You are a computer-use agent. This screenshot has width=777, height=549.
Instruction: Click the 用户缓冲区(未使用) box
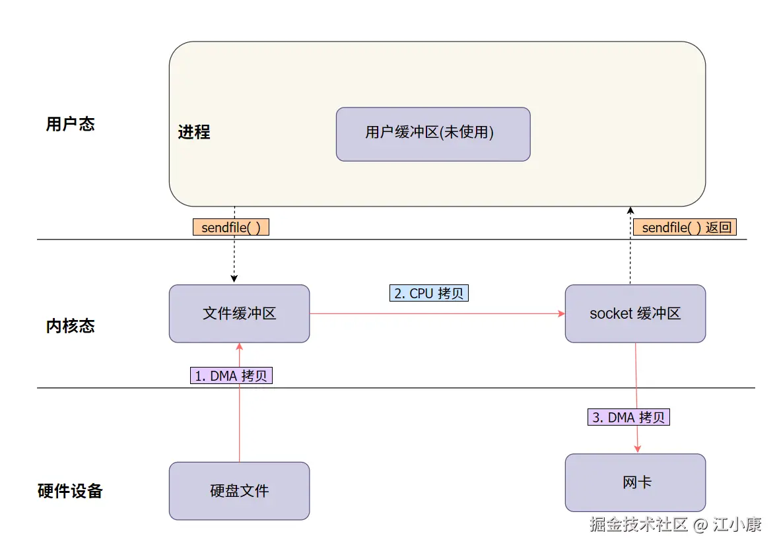(433, 134)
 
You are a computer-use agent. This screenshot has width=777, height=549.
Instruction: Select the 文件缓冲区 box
(240, 313)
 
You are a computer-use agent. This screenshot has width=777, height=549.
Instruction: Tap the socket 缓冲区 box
(635, 313)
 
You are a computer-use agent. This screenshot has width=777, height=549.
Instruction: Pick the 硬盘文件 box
(240, 491)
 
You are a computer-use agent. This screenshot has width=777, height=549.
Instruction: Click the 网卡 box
(635, 482)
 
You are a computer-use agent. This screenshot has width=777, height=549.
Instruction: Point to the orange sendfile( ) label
(231, 227)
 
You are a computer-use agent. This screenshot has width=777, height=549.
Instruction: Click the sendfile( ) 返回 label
(685, 227)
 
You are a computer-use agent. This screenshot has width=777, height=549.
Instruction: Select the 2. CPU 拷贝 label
(428, 293)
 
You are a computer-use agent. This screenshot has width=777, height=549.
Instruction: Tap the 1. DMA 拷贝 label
(231, 375)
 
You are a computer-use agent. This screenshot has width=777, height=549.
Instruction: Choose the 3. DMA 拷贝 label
(628, 417)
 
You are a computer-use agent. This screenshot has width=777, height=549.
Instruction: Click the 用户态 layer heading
(71, 124)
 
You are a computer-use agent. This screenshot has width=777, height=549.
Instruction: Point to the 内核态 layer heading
(71, 326)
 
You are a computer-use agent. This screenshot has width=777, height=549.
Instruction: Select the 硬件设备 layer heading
(71, 491)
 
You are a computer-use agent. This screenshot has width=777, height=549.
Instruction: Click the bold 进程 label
(194, 132)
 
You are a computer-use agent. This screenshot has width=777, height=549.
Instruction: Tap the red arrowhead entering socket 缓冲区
(561, 313)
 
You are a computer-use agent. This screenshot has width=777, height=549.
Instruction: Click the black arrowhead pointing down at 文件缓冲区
(234, 279)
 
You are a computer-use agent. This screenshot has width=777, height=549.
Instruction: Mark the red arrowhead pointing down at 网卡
(638, 449)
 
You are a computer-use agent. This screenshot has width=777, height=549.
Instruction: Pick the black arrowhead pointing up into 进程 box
(630, 210)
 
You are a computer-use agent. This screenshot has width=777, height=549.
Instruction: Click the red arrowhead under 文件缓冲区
(240, 347)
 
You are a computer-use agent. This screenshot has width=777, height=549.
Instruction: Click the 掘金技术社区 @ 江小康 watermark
(675, 524)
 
